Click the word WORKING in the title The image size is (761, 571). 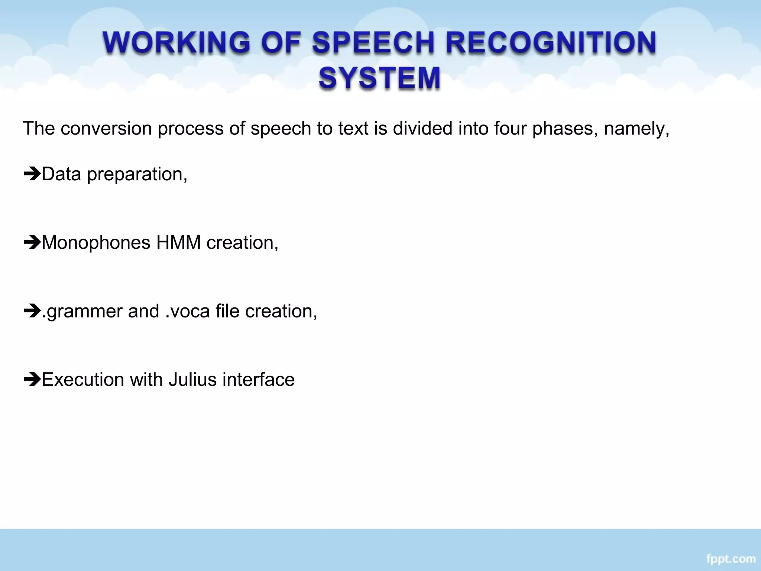(x=177, y=42)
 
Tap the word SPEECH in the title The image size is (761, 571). (x=373, y=42)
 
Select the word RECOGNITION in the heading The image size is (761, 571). (x=551, y=42)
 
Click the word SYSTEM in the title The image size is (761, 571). (x=379, y=78)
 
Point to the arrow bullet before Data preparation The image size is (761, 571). (x=32, y=174)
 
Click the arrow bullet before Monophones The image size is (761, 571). (x=32, y=243)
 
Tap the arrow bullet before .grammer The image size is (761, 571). (x=32, y=311)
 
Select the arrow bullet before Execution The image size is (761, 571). (x=32, y=380)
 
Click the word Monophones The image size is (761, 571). (x=96, y=243)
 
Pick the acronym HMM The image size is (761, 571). (x=178, y=243)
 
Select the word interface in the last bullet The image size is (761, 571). (x=259, y=380)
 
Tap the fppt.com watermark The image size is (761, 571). (x=731, y=559)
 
